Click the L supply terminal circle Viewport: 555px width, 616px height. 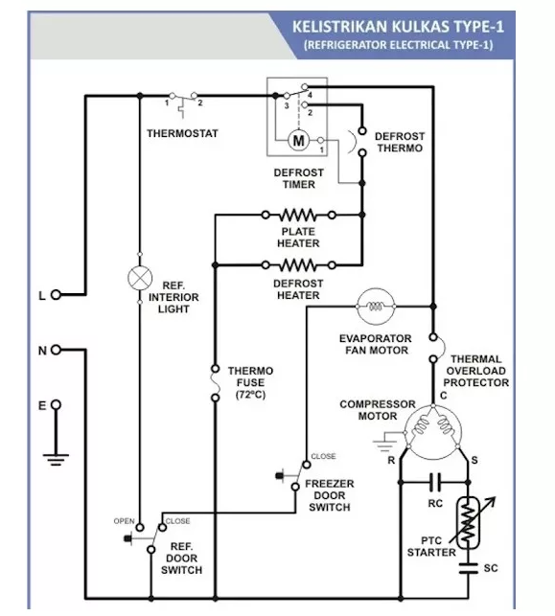57,294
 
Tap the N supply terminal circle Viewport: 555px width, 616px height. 57,350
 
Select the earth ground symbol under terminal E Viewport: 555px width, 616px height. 56,460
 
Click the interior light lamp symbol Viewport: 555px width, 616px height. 140,278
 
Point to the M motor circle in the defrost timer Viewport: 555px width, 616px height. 299,140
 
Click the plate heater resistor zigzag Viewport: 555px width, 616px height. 298,215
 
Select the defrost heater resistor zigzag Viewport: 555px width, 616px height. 298,265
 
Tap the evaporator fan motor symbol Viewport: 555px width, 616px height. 376,306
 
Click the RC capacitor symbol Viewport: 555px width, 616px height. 435,482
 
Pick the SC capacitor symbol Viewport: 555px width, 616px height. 468,568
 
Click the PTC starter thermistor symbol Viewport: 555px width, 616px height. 471,522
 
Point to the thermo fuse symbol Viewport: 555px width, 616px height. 215,383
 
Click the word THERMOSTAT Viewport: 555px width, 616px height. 182,133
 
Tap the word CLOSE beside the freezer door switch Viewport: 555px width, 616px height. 323,456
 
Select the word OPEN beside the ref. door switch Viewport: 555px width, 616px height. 125,521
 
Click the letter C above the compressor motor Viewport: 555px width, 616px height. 444,396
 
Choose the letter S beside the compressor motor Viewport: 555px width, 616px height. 474,460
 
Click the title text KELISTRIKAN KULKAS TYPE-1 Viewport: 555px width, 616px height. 398,27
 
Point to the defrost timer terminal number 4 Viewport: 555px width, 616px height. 311,95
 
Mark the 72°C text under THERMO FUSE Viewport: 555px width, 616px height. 250,395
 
